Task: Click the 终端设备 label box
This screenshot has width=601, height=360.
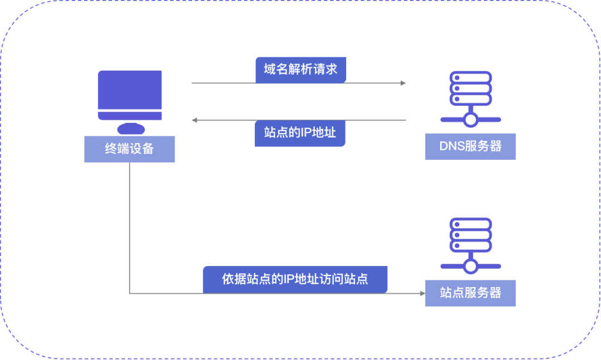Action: point(129,149)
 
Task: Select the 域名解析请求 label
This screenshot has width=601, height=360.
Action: point(300,70)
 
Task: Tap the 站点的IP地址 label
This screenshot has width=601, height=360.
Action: point(300,134)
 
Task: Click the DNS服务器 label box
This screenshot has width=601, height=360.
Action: point(470,146)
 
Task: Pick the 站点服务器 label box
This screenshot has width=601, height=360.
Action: point(470,293)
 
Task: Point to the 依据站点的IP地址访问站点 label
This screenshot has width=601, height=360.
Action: point(295,279)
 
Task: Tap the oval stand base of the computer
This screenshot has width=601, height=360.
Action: point(131,129)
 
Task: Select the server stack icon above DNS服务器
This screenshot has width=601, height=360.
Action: point(471,88)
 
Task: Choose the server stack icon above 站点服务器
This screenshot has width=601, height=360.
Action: point(471,234)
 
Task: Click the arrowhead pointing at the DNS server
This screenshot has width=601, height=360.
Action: point(403,83)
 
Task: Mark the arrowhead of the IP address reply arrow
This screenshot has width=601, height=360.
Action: point(195,120)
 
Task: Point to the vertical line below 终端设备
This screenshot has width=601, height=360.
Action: point(129,228)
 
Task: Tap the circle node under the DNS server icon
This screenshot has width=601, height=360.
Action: point(471,120)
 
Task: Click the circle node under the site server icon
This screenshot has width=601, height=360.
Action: point(471,267)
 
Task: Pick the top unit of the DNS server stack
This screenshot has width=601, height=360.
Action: point(471,77)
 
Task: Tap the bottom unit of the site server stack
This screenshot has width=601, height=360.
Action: point(471,245)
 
